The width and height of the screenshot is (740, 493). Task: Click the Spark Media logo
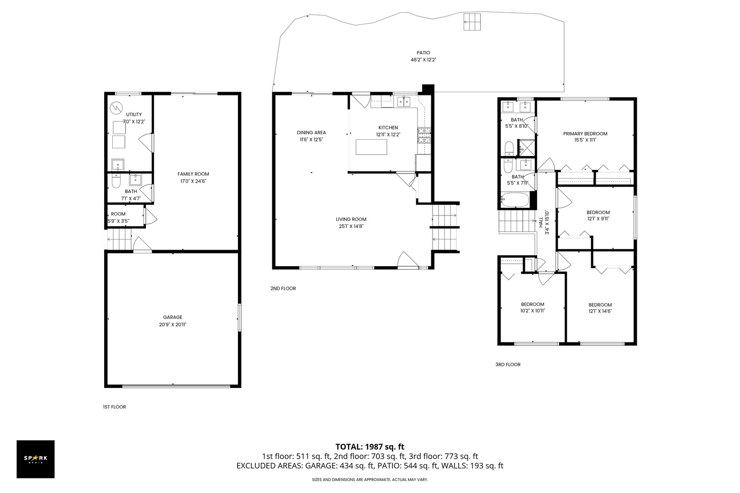(36, 459)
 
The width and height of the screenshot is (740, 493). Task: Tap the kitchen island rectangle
(371, 147)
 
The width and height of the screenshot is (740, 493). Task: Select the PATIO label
(423, 53)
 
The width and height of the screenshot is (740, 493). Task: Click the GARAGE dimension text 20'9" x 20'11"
(173, 325)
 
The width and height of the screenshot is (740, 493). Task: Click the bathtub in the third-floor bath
(515, 199)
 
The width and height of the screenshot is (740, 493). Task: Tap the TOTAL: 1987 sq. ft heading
(370, 446)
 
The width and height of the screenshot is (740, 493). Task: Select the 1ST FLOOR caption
(114, 407)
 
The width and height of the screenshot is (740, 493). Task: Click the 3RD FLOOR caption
(507, 364)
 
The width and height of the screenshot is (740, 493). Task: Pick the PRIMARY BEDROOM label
(585, 134)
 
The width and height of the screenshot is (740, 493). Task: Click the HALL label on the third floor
(541, 222)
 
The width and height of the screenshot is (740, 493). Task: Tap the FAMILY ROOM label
(193, 174)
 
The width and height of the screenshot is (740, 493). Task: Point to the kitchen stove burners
(423, 136)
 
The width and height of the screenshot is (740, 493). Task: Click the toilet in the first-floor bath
(116, 182)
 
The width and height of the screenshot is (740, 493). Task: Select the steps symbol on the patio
(472, 22)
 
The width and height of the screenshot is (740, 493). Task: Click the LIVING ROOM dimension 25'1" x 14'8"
(351, 226)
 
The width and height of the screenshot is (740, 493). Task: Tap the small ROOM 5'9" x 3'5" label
(118, 214)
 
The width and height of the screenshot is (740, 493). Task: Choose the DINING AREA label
(311, 133)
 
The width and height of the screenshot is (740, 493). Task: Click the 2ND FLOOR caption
(283, 288)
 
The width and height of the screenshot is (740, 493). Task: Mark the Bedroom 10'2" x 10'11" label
(533, 304)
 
